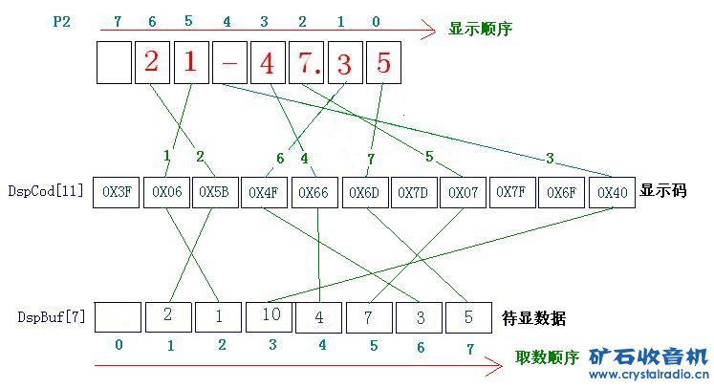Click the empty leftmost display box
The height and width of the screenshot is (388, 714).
pos(114,64)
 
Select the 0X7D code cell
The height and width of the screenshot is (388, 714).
pos(416,192)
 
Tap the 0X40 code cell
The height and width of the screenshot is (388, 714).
pos(613,192)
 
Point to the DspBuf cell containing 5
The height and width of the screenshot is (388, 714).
pos(465,316)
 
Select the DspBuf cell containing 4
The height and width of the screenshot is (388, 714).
pos(318,316)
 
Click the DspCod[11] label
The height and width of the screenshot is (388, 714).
pos(45,192)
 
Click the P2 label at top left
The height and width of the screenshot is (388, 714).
pos(60,20)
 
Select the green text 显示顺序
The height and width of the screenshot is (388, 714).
pos(480,29)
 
